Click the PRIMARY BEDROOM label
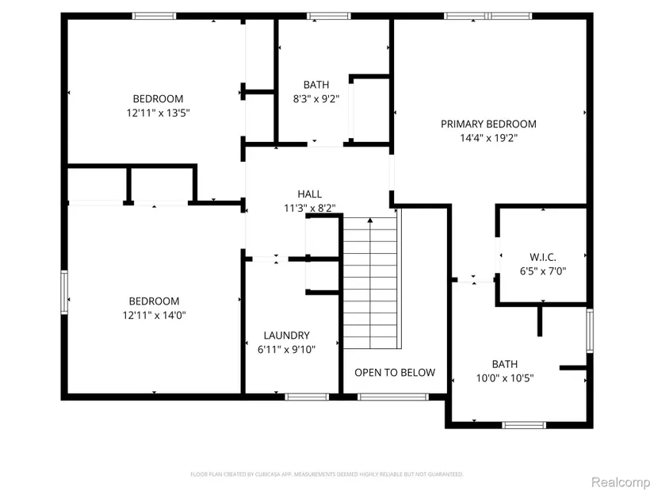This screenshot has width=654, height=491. click(488, 124)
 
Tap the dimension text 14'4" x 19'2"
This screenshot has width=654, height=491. click(488, 137)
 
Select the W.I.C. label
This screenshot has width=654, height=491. click(542, 257)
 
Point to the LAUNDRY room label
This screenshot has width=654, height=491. click(286, 336)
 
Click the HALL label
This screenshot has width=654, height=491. click(309, 194)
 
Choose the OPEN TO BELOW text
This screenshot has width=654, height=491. click(394, 373)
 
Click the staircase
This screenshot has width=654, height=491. click(369, 282)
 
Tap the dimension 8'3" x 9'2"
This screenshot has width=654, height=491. click(316, 98)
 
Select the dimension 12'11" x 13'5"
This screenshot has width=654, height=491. click(158, 113)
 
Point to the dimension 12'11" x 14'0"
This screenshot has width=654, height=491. click(154, 315)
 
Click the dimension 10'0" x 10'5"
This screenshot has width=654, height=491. click(504, 378)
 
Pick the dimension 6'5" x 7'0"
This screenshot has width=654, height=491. click(542, 270)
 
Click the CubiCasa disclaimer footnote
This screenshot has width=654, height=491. click(327, 474)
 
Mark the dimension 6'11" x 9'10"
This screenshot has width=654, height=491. click(286, 349)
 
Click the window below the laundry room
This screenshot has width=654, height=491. click(307, 397)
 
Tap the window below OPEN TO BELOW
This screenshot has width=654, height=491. click(382, 397)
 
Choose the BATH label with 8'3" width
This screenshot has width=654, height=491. click(316, 85)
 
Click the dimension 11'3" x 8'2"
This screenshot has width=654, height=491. click(309, 208)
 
